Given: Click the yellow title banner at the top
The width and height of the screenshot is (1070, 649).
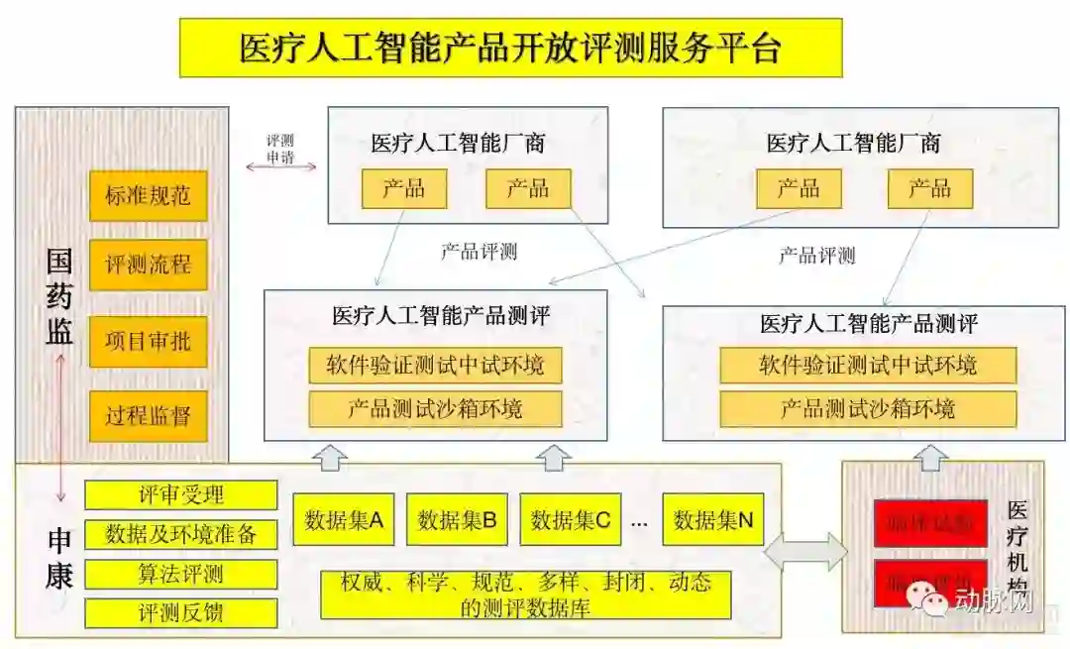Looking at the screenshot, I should point(510,48).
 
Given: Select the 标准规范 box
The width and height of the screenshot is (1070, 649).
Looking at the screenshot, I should point(148,196).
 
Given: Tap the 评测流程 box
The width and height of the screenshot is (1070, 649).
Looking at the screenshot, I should point(148,265).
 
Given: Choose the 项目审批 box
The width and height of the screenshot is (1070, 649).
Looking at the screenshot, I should point(148,342).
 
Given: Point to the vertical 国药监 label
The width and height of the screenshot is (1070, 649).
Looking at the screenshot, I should point(59,296).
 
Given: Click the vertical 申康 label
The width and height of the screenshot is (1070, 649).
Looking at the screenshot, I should point(59,559).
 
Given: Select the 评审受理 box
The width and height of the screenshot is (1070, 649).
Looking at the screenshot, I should point(180,494).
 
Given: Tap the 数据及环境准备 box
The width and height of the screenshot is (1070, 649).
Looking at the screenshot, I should point(180,534).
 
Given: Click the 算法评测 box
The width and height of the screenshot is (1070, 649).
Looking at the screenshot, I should point(180,574).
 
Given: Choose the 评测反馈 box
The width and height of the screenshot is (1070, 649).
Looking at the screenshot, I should point(180,612).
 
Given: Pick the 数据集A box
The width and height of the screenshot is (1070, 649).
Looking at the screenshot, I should point(344,519).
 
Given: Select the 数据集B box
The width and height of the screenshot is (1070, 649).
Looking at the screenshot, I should point(457,519).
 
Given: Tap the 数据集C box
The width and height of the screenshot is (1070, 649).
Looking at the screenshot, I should point(570,519).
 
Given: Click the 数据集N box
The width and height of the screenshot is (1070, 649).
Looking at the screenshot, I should point(713,519).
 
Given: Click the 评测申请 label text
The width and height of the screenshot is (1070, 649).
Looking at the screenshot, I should point(280,149).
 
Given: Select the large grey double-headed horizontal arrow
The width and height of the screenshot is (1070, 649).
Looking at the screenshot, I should point(805,551).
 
